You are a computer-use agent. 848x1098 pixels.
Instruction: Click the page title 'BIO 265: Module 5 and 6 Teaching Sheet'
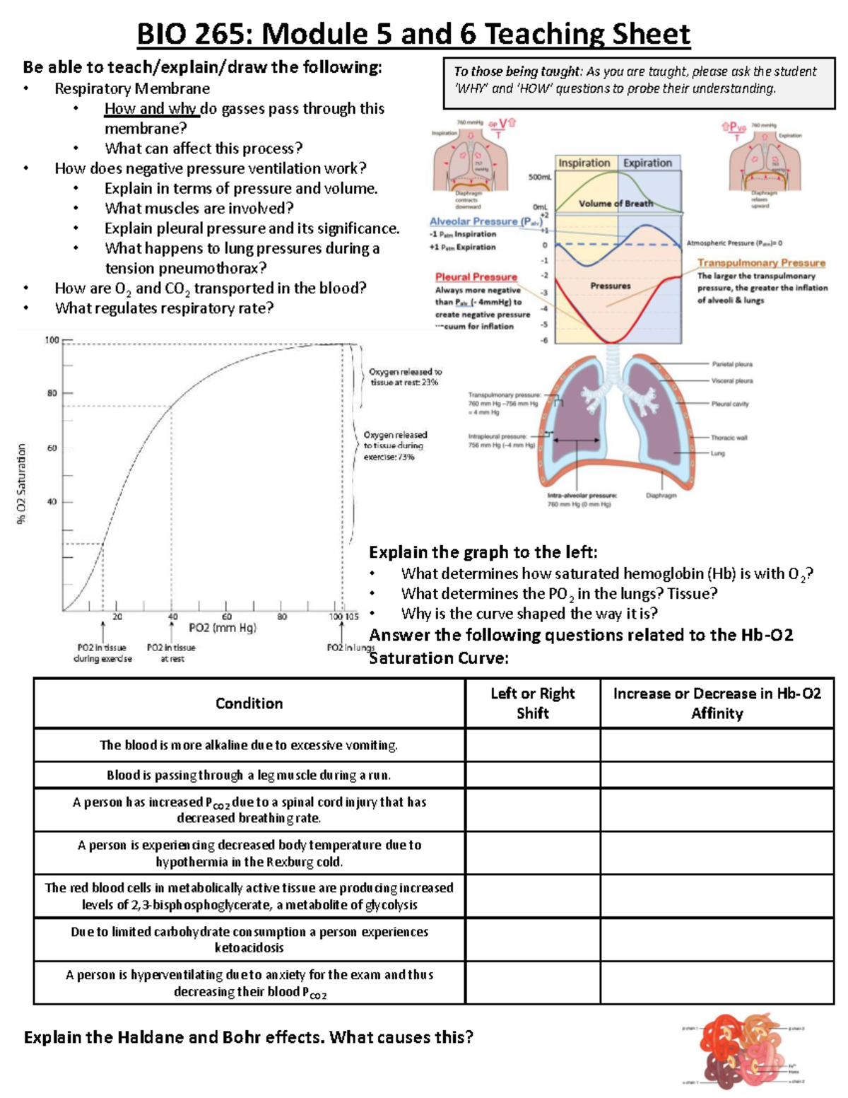point(413,34)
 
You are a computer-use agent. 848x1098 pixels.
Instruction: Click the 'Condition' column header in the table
point(249,703)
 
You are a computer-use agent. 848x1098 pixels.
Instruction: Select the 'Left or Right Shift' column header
point(532,703)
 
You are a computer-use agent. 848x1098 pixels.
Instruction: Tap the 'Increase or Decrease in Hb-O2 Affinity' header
point(717,703)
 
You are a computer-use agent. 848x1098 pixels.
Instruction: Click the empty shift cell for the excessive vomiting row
point(532,745)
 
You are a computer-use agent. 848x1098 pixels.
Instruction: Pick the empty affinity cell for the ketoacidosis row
point(717,940)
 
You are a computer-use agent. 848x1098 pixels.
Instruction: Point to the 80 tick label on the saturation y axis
point(52,393)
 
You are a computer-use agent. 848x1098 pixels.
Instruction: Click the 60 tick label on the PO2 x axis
point(227,617)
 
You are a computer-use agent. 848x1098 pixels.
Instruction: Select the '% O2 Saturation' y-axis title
point(22,484)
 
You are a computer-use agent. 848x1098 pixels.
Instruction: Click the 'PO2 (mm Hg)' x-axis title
point(223,628)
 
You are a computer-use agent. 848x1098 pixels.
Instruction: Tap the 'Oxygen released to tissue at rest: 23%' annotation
point(404,377)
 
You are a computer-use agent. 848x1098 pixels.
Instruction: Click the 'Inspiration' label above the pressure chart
point(584,163)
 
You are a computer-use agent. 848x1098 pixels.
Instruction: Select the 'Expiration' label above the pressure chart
point(647,163)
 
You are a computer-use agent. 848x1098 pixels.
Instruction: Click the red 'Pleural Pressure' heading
point(476,277)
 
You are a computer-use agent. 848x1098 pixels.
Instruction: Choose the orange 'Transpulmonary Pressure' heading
point(761,263)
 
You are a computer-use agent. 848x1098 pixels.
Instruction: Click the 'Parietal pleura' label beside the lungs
point(732,364)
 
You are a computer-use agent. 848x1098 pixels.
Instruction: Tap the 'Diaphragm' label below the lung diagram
point(661,496)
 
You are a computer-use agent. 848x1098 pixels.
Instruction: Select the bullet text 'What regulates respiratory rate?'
point(164,308)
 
